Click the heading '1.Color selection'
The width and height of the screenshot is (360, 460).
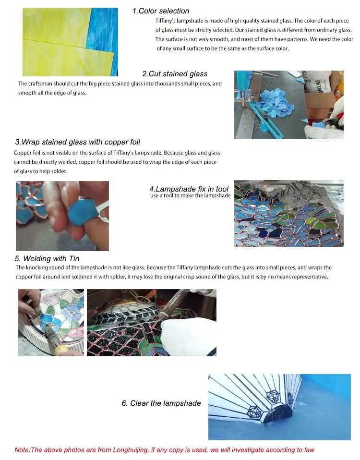pos(161,11)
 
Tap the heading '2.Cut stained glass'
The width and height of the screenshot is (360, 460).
pos(175,74)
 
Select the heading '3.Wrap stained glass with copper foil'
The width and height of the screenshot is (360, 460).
pos(77,142)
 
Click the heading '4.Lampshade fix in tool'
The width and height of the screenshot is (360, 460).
pos(189,189)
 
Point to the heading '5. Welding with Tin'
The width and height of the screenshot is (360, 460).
pos(47,258)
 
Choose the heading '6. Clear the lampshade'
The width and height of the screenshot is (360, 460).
pos(161,403)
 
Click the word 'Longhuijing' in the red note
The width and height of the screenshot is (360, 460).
pos(131,450)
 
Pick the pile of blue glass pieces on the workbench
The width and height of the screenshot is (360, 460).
pos(276,103)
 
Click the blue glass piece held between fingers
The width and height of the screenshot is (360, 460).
pos(82,213)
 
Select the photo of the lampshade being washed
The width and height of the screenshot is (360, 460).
pos(279,407)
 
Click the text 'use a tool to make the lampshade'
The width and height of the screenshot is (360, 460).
pos(190,196)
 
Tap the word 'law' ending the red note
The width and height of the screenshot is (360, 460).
pos(309,450)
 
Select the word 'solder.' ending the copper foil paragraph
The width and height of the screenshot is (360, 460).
pos(60,171)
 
